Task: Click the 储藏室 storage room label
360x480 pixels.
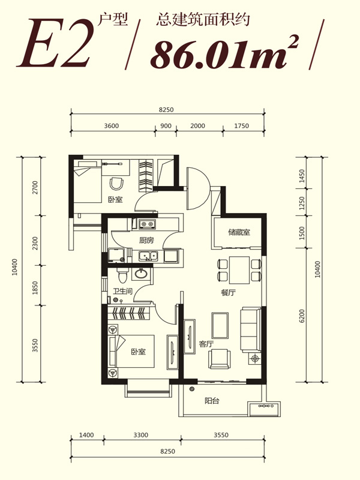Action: (x=239, y=232)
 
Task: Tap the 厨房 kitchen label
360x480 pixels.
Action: (x=146, y=241)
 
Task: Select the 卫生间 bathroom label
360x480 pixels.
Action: (x=122, y=291)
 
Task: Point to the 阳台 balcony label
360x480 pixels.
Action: (x=212, y=400)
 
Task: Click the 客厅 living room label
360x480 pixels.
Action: (x=206, y=344)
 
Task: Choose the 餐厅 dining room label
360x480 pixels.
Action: (x=229, y=293)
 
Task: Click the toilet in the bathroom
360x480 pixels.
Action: (x=123, y=275)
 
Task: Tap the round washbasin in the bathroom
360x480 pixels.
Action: (x=141, y=274)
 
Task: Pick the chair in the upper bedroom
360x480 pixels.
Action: (x=116, y=184)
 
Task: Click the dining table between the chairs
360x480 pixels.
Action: (x=239, y=271)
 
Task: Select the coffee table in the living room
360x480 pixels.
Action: (x=220, y=325)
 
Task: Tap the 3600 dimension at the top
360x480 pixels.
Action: (x=112, y=126)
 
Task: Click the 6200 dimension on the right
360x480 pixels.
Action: (x=302, y=316)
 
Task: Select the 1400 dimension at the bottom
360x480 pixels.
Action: (x=86, y=435)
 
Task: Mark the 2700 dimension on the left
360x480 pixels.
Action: (x=35, y=187)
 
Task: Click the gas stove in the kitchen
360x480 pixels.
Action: (x=146, y=224)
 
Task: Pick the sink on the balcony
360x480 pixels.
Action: (x=264, y=409)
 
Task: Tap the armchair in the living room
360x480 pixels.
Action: (x=219, y=359)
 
